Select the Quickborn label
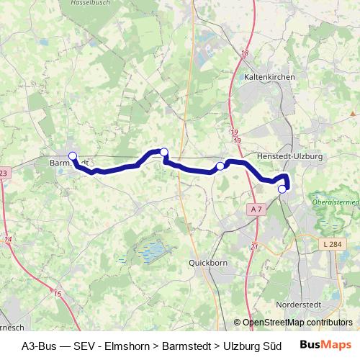click(207, 263)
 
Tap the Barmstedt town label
click(70, 163)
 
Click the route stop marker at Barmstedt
click(72, 156)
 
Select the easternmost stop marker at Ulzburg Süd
click(282, 189)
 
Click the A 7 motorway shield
click(257, 209)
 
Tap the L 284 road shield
click(333, 246)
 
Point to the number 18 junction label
click(245, 53)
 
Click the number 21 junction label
click(254, 246)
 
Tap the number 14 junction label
click(8, 238)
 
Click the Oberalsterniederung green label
click(338, 202)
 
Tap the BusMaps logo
click(325, 345)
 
